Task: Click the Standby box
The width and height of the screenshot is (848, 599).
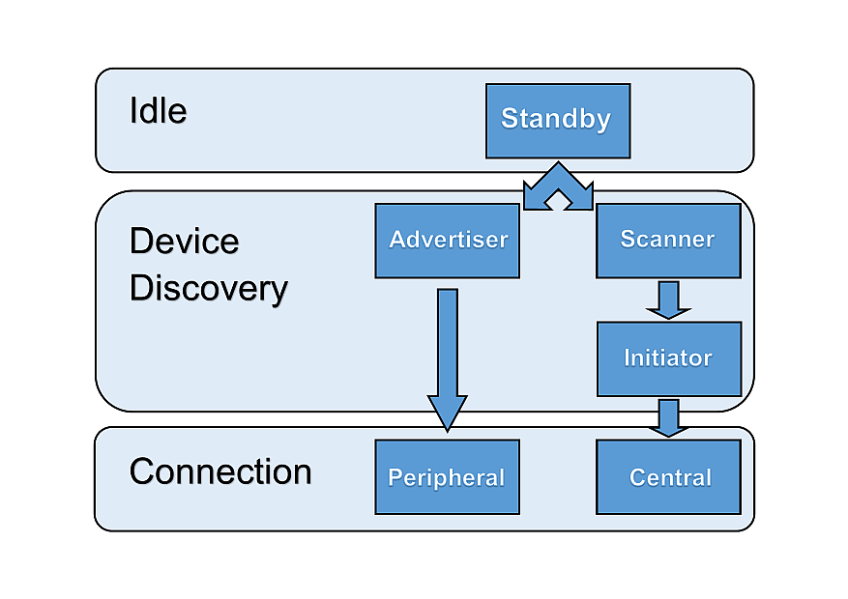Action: pos(557,121)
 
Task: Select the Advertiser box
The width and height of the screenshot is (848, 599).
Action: pos(447,241)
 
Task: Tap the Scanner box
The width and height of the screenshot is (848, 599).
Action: pos(667,241)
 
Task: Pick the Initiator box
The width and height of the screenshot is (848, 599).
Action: pos(668,358)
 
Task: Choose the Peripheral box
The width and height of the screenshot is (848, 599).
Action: pos(447,477)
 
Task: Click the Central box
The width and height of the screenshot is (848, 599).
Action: pos(668,477)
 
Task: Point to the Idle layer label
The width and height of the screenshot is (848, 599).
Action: pos(158,111)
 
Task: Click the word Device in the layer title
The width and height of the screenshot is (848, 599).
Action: pos(184,242)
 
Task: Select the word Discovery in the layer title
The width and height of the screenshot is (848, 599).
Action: pos(208,289)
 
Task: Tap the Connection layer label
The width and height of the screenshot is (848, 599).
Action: pos(220,471)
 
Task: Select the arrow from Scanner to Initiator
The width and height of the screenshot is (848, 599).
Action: pos(668,299)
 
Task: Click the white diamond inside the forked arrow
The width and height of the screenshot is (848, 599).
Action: pos(558,200)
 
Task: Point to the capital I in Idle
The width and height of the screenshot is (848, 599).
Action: pos(133,111)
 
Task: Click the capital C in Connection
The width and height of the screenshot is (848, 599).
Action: pos(141,471)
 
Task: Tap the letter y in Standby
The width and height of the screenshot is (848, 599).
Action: pos(602,123)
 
